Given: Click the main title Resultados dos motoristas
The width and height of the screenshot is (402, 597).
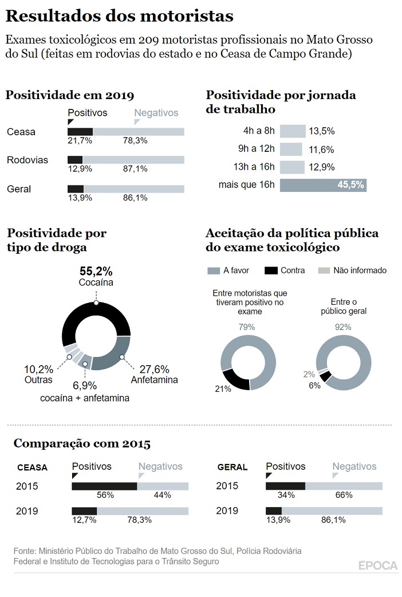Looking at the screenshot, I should (119, 16).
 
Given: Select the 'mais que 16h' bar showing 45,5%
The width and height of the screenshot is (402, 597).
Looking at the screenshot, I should (323, 185).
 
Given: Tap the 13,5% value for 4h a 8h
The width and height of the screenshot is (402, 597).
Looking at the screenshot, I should (321, 131).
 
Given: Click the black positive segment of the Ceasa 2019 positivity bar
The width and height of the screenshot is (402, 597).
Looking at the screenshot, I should (80, 132).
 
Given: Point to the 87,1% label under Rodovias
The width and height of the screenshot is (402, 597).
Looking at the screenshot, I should (135, 168).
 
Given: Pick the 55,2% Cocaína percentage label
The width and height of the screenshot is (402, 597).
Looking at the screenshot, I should (96, 271).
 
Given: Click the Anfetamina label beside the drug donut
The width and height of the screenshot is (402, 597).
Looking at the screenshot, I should (154, 379).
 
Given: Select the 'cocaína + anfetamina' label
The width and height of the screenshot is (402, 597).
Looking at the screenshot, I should (85, 398).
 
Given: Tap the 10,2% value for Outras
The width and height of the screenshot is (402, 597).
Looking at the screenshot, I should (38, 370).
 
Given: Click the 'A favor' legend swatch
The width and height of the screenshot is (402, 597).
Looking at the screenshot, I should (213, 270).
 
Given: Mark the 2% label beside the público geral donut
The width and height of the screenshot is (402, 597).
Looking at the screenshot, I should (309, 374).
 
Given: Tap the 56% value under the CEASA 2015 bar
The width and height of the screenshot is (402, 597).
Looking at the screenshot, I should (105, 495).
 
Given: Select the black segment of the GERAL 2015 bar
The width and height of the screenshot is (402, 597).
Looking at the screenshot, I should (285, 486).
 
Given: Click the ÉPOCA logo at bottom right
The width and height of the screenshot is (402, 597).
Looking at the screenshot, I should (378, 565).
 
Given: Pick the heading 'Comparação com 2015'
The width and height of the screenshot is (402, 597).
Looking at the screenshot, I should (82, 444).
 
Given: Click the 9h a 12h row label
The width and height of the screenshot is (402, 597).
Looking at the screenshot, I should (257, 150).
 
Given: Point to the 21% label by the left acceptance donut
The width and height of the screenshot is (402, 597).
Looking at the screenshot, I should (223, 389).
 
